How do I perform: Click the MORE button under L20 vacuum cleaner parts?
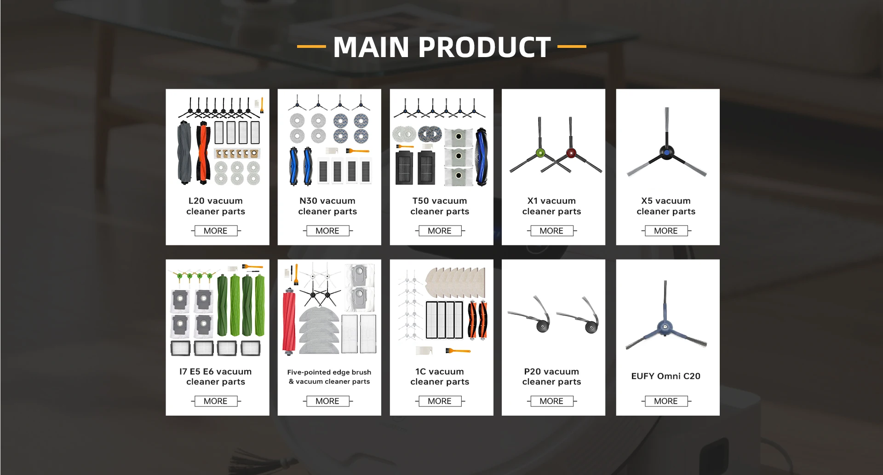pos(215,231)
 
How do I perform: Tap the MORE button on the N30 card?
pos(327,231)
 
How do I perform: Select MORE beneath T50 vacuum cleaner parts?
pos(439,231)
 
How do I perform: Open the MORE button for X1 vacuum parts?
pos(551,231)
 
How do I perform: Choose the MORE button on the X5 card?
pos(665,231)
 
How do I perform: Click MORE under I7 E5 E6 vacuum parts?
pos(215,401)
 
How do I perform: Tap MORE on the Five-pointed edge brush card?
pos(327,401)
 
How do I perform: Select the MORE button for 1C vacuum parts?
pos(439,401)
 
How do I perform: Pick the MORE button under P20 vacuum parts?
pos(551,401)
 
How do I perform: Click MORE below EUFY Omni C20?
pos(665,401)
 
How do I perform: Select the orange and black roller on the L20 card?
pos(202,153)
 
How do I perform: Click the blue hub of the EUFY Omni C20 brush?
pos(665,326)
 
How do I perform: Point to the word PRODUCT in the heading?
pos(484,47)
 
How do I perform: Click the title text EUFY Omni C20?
pos(665,376)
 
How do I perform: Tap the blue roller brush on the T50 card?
pos(481,156)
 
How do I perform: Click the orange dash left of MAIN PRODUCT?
pos(311,46)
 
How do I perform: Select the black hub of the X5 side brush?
pos(666,151)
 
